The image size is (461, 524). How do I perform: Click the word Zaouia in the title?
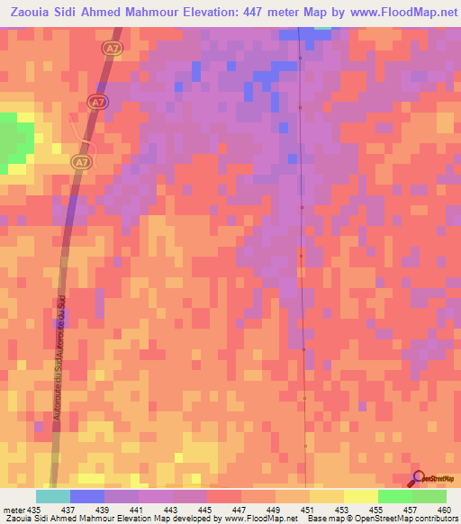tap(32, 14)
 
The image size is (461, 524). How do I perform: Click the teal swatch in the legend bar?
tap(52, 497)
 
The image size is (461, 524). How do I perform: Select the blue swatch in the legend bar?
tap(86, 497)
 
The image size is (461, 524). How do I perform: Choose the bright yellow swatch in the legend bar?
tap(360, 497)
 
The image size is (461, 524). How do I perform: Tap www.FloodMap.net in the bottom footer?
tap(262, 518)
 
